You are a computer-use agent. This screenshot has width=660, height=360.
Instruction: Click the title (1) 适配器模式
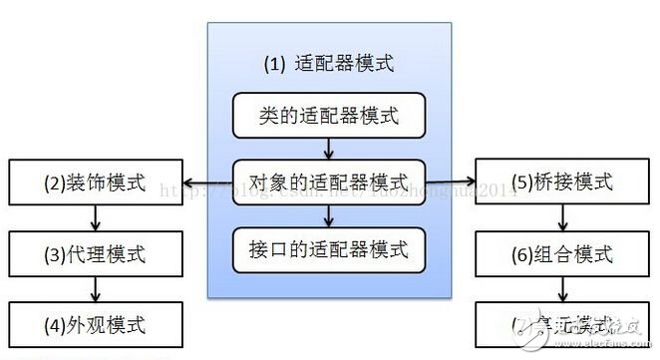[x=329, y=64]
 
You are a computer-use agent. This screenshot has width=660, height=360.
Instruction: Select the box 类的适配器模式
[x=329, y=117]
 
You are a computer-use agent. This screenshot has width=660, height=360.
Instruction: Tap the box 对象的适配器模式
[x=329, y=181]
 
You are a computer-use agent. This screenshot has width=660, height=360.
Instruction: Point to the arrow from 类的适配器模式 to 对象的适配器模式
[x=329, y=149]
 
